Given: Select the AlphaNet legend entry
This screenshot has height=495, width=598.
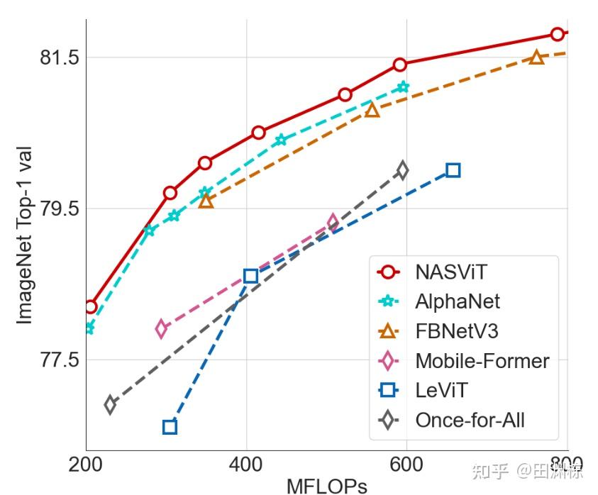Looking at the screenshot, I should [457, 302].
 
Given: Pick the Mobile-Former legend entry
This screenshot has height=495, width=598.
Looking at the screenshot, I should [482, 361].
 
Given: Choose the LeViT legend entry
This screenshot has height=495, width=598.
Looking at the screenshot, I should [441, 390].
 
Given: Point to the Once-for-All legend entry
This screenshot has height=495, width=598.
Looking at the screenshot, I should [470, 420].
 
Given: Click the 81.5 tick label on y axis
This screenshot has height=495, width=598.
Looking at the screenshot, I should [59, 57].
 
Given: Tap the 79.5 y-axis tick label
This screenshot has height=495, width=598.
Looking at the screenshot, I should [59, 208].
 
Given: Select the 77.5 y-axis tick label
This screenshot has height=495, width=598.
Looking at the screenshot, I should [59, 360].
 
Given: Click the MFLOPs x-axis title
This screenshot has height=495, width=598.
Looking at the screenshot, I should [326, 486].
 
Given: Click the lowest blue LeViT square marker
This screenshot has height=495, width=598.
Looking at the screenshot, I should [170, 427].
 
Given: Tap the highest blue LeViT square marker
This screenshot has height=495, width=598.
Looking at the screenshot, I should [453, 170].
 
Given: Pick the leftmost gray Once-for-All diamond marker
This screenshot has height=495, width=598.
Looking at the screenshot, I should [110, 405].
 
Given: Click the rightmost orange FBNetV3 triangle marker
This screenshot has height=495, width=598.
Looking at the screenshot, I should [537, 57].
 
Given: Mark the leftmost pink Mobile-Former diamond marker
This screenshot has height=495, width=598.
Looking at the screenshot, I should [162, 328].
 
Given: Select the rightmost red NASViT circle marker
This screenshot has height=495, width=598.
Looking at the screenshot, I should [558, 34].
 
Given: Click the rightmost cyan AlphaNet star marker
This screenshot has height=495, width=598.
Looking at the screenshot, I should [404, 87].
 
